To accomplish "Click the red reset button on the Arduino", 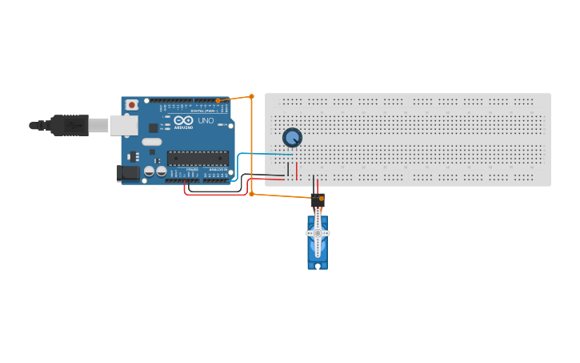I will pyautogui.click(x=131, y=105).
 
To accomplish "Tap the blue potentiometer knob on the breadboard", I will pyautogui.click(x=293, y=138).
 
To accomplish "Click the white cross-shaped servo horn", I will pyautogui.click(x=318, y=233).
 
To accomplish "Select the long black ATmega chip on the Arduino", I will pyautogui.click(x=197, y=158).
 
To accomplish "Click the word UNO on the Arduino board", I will pyautogui.click(x=206, y=120).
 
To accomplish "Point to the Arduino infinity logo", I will pyautogui.click(x=183, y=120).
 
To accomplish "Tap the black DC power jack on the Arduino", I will pyautogui.click(x=127, y=172).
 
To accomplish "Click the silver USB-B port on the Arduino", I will pyautogui.click(x=123, y=124).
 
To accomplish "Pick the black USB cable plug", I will pyautogui.click(x=69, y=125).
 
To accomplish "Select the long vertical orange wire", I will pyautogui.click(x=251, y=144).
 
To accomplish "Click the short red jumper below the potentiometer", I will pyautogui.click(x=296, y=171).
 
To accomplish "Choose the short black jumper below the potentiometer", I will pyautogui.click(x=288, y=171).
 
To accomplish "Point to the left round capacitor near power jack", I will pyautogui.click(x=149, y=171).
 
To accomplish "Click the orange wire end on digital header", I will pyautogui.click(x=218, y=101).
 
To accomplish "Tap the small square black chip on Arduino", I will pyautogui.click(x=153, y=128).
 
